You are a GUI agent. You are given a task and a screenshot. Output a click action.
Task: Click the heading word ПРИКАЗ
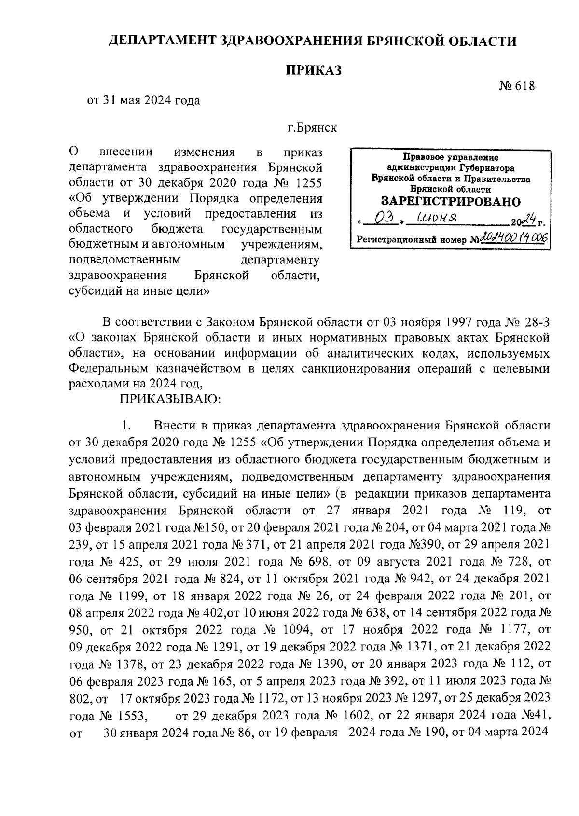314,70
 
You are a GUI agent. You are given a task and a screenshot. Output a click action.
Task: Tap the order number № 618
517,86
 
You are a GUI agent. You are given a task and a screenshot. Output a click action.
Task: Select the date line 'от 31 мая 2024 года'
143,101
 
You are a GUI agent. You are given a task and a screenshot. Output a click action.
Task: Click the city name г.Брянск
313,128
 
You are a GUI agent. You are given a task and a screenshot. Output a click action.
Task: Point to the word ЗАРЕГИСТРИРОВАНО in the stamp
451,201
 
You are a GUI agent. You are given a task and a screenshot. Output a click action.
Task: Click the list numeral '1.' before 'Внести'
126,426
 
